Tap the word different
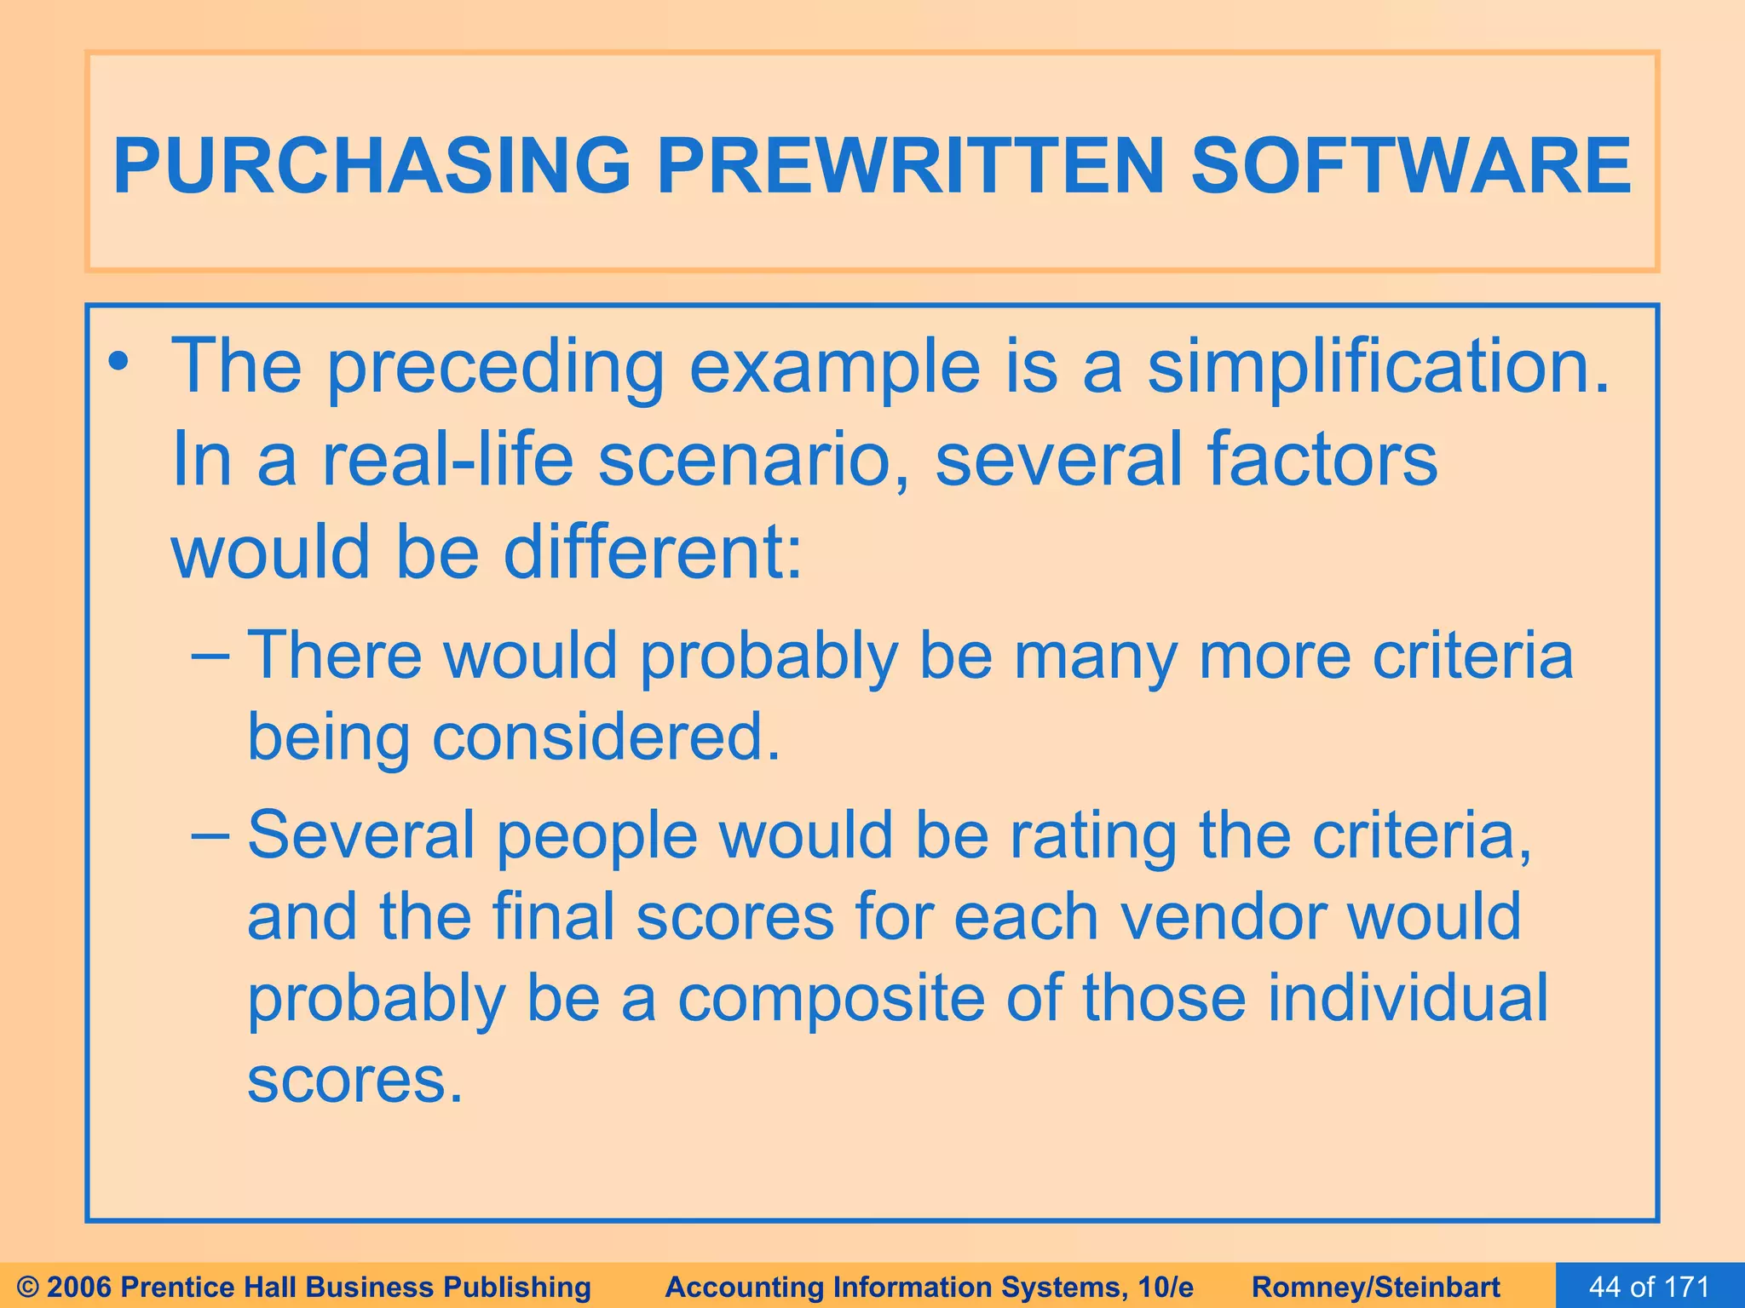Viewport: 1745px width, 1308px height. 653,552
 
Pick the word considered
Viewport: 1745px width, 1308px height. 607,737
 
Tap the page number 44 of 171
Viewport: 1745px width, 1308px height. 1649,1287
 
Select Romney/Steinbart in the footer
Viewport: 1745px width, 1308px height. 1376,1287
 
